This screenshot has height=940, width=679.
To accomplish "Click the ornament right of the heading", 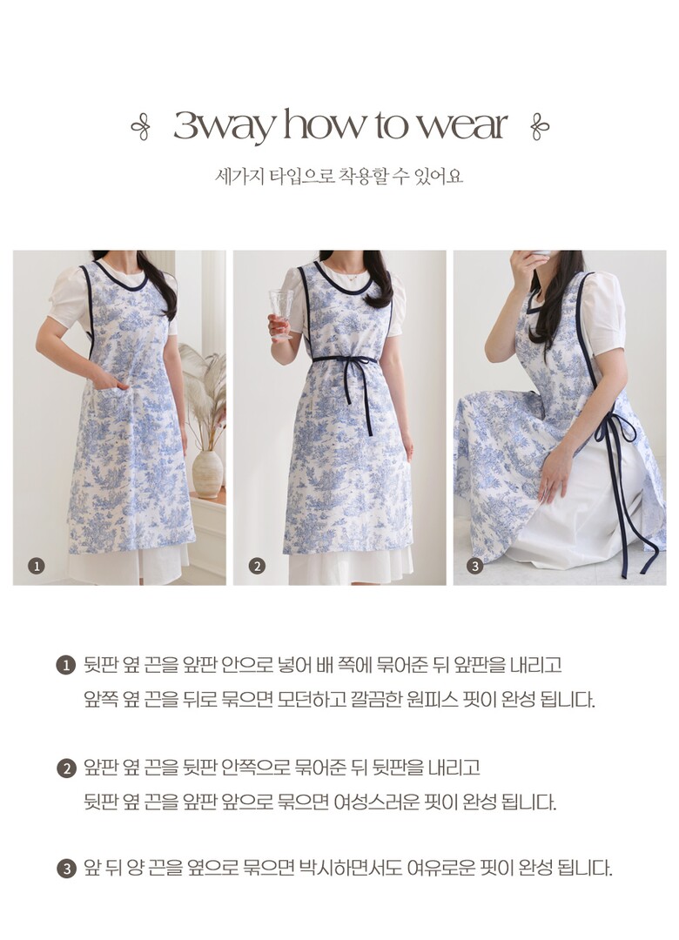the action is (x=540, y=126).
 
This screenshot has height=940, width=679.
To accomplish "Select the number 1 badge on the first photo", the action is (x=37, y=566).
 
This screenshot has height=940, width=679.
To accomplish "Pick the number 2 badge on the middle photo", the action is (x=257, y=566).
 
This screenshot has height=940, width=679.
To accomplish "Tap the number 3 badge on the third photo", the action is (x=475, y=566).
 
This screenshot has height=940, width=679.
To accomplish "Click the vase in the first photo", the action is (x=207, y=473).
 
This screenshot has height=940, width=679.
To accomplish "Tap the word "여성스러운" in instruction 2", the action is (x=377, y=802).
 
